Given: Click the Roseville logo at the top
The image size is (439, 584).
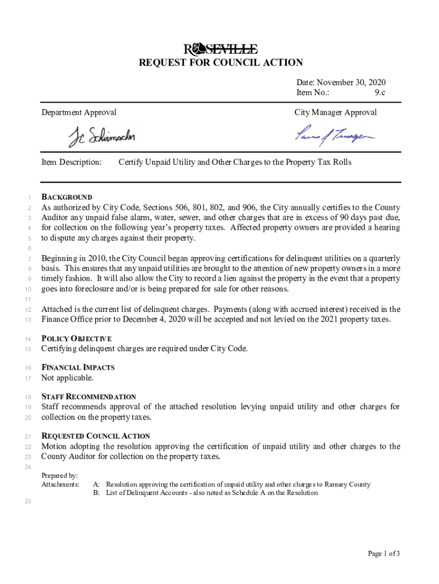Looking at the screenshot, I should pos(220,48).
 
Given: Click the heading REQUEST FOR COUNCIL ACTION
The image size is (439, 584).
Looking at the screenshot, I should pos(221,63).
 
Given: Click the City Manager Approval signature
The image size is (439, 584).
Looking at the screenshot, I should pos(335,135).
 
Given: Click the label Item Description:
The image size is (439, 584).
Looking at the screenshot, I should pos(71,162).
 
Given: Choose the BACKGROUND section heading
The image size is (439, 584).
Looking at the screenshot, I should pos(67,197).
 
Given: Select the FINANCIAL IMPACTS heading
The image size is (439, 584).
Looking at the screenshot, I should pos(78,368).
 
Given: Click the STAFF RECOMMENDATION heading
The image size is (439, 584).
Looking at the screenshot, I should pos(88,397).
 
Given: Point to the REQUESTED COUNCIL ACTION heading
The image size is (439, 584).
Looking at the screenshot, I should pos(95,436).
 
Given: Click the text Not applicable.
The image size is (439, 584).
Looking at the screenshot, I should pos(67,378).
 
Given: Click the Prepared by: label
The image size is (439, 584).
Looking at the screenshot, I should pos(60,476).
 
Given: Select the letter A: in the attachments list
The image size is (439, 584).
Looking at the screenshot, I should pos(96,485).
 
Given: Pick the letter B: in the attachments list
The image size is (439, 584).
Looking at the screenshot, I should pos(96,493).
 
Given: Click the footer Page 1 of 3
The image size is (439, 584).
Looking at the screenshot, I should pos(384,553).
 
